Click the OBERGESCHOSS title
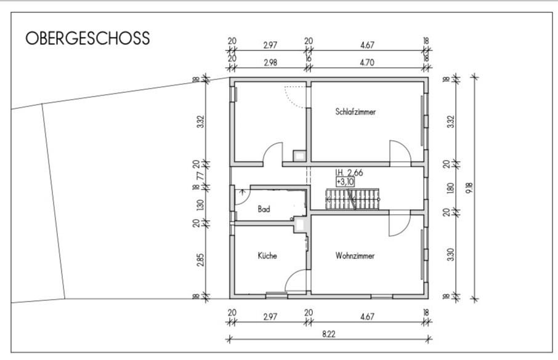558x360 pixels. click(x=87, y=38)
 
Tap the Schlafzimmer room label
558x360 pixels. click(x=355, y=112)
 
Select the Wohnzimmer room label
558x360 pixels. click(x=355, y=256)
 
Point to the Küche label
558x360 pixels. click(x=267, y=255)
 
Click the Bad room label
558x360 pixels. click(x=264, y=209)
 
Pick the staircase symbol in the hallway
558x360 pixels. click(x=352, y=199)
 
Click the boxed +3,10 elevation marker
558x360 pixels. click(x=345, y=182)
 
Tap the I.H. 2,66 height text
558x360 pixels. click(x=349, y=173)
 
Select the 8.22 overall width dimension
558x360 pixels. click(x=328, y=334)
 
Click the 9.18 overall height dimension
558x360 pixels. click(x=469, y=188)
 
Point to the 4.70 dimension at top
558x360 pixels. click(x=367, y=63)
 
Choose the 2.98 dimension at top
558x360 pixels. click(x=270, y=63)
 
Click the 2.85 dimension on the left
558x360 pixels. click(x=200, y=260)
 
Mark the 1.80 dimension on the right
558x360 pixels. click(x=451, y=188)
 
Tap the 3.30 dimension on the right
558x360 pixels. click(x=451, y=255)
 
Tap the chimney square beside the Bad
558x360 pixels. click(x=301, y=225)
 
